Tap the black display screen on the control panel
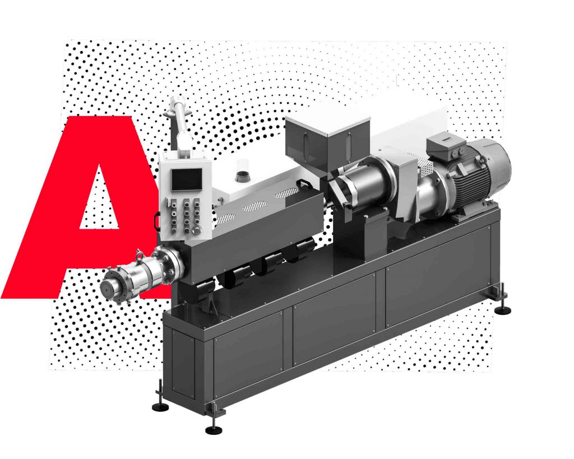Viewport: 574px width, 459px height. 187,179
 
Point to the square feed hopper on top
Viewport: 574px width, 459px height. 327,140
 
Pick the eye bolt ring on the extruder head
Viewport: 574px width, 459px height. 140,254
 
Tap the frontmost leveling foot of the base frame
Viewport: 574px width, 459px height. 214,430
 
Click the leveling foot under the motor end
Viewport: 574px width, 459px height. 503,310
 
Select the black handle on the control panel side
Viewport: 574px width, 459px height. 157,221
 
